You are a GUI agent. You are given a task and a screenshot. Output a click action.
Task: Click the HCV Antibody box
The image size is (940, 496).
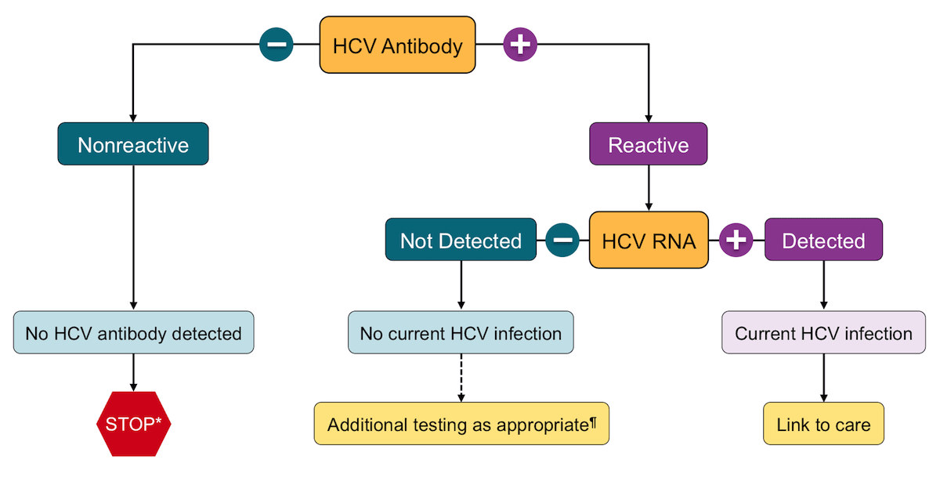click(x=397, y=45)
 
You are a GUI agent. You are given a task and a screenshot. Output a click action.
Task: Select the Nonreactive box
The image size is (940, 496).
click(x=133, y=144)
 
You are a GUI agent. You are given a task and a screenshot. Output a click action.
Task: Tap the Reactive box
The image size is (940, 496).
click(x=648, y=144)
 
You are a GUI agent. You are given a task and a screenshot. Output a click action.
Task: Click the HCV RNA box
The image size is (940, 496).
click(x=648, y=241)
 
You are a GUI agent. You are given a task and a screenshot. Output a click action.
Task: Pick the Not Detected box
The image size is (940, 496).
click(x=461, y=241)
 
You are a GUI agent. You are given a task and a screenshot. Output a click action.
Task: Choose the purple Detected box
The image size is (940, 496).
click(x=823, y=241)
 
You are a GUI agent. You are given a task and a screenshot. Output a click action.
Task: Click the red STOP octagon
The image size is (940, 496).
click(x=133, y=424)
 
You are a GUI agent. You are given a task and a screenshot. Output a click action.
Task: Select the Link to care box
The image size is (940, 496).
click(x=823, y=424)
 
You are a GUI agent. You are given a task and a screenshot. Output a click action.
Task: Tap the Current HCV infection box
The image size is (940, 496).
click(x=823, y=333)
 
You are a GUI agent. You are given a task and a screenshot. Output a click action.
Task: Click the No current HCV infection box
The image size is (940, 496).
click(x=461, y=333)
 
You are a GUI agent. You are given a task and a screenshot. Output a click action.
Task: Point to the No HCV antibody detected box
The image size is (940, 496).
click(x=133, y=333)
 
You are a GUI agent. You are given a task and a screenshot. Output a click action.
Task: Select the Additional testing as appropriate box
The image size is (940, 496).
click(x=461, y=424)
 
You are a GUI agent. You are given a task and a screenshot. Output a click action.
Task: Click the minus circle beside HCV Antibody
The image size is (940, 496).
click(x=277, y=45)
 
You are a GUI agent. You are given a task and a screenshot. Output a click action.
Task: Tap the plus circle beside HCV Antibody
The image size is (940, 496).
click(x=519, y=45)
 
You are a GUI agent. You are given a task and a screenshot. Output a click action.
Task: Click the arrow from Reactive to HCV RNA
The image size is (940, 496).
click(x=648, y=188)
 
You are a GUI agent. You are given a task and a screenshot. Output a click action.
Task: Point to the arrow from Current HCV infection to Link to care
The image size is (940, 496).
click(x=823, y=378)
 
